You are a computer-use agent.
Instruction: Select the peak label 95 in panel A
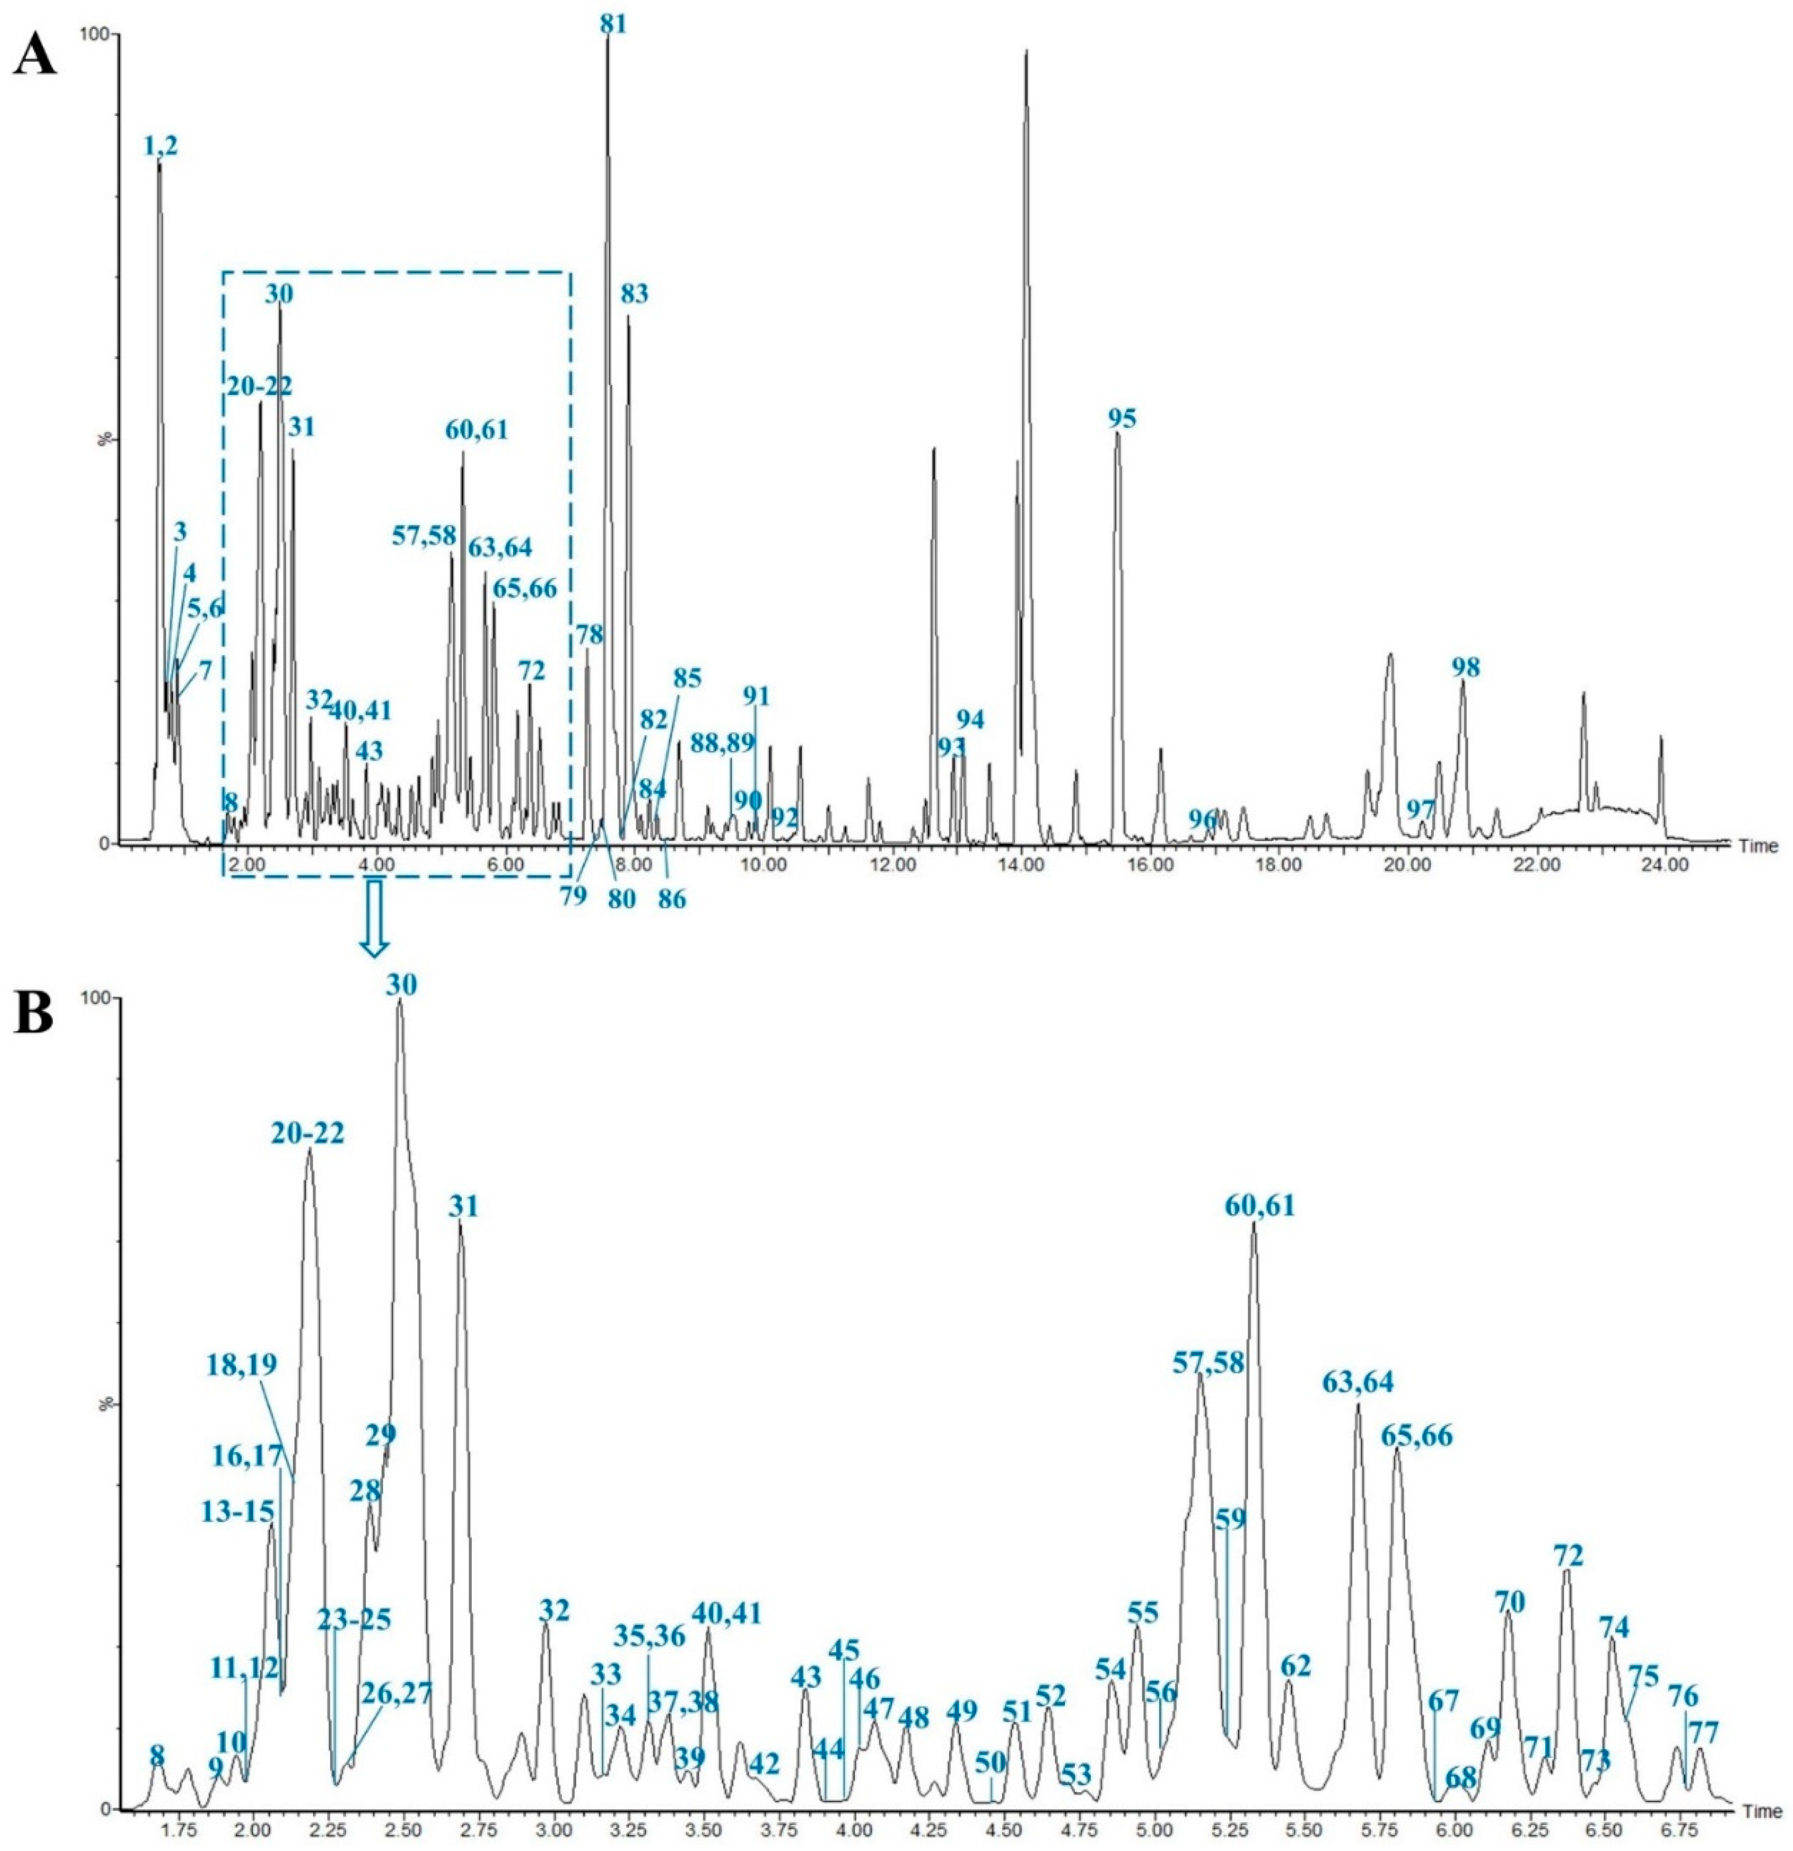(1123, 418)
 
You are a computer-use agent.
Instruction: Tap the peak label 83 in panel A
(635, 295)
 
